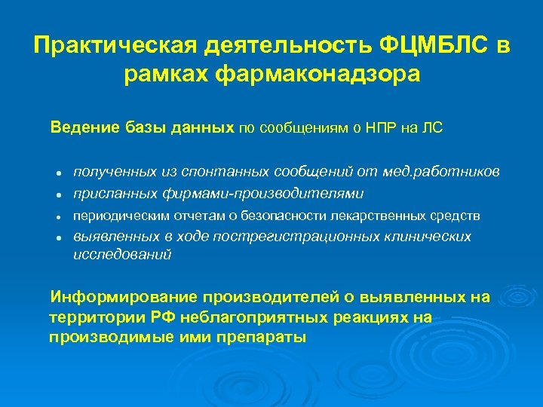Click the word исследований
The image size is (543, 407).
point(121,255)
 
